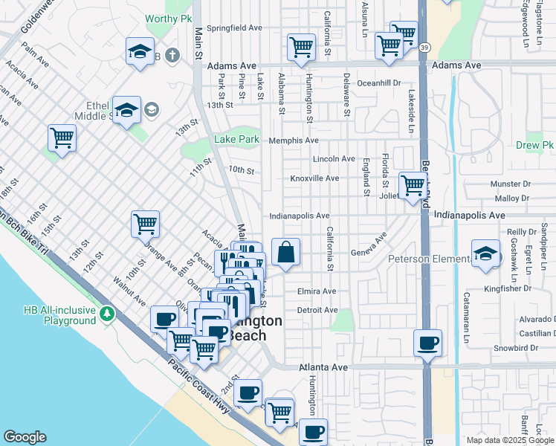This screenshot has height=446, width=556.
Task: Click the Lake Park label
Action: tap(236, 139)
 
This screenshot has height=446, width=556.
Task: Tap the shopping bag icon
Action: tap(285, 253)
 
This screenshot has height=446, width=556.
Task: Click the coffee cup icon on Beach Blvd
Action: tap(427, 343)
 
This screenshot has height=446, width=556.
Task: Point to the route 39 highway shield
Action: tap(423, 47)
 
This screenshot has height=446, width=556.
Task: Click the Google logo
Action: tap(25, 437)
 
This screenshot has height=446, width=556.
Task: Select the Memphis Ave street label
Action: tap(294, 140)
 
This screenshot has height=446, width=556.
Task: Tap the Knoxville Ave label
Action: tap(314, 178)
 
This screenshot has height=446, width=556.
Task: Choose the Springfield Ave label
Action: tap(234, 28)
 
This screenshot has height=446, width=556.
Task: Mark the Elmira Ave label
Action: tap(316, 291)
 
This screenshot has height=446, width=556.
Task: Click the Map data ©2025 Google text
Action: tap(510, 440)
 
